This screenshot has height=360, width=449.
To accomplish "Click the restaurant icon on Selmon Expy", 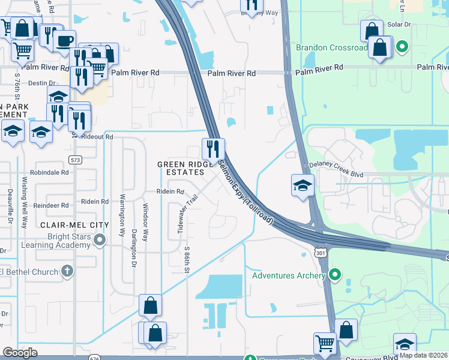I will coord(213,148).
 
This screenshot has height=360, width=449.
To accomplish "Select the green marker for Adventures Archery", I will coord(336,275).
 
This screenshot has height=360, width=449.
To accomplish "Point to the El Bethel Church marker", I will coord(67,272).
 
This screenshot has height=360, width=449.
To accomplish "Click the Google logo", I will coord(20,353).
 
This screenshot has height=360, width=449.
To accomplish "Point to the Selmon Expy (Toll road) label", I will coord(246,193).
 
